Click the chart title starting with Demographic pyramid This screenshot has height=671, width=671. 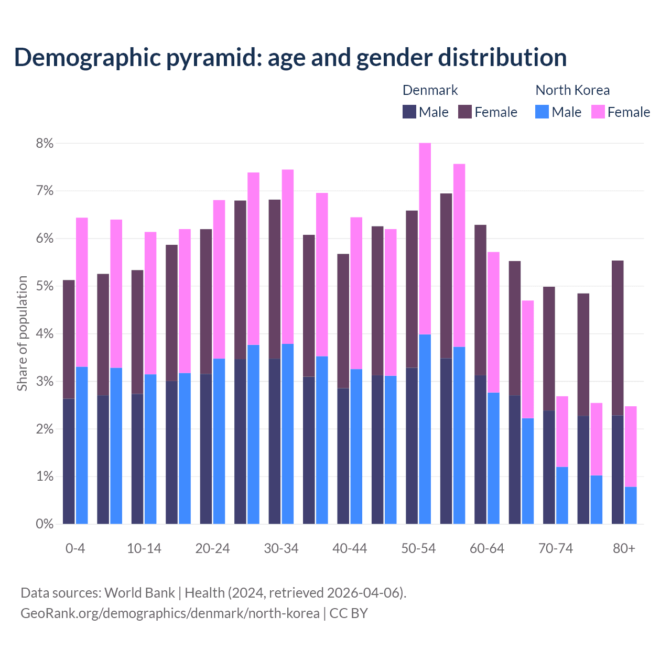click(290, 58)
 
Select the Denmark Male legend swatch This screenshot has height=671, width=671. click(409, 112)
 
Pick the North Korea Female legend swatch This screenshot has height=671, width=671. click(598, 112)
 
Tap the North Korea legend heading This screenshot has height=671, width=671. click(572, 90)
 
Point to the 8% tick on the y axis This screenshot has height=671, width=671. click(44, 143)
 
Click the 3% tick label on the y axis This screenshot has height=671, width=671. click(44, 382)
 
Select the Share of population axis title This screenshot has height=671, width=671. click(22, 333)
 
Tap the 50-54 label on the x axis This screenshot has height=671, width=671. click(418, 549)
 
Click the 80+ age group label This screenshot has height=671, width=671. click(624, 549)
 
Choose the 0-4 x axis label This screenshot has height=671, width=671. click(75, 549)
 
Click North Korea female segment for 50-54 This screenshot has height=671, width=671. click(425, 239)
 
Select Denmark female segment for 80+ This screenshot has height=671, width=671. click(618, 338)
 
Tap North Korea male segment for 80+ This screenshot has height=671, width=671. click(631, 505)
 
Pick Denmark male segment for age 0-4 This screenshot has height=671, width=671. click(69, 461)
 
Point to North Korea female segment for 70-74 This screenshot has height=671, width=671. click(562, 431)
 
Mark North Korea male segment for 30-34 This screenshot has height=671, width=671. click(288, 434)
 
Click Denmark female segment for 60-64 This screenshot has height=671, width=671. click(480, 300)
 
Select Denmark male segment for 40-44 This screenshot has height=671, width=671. click(343, 456)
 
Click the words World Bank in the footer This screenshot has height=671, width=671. click(139, 593)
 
